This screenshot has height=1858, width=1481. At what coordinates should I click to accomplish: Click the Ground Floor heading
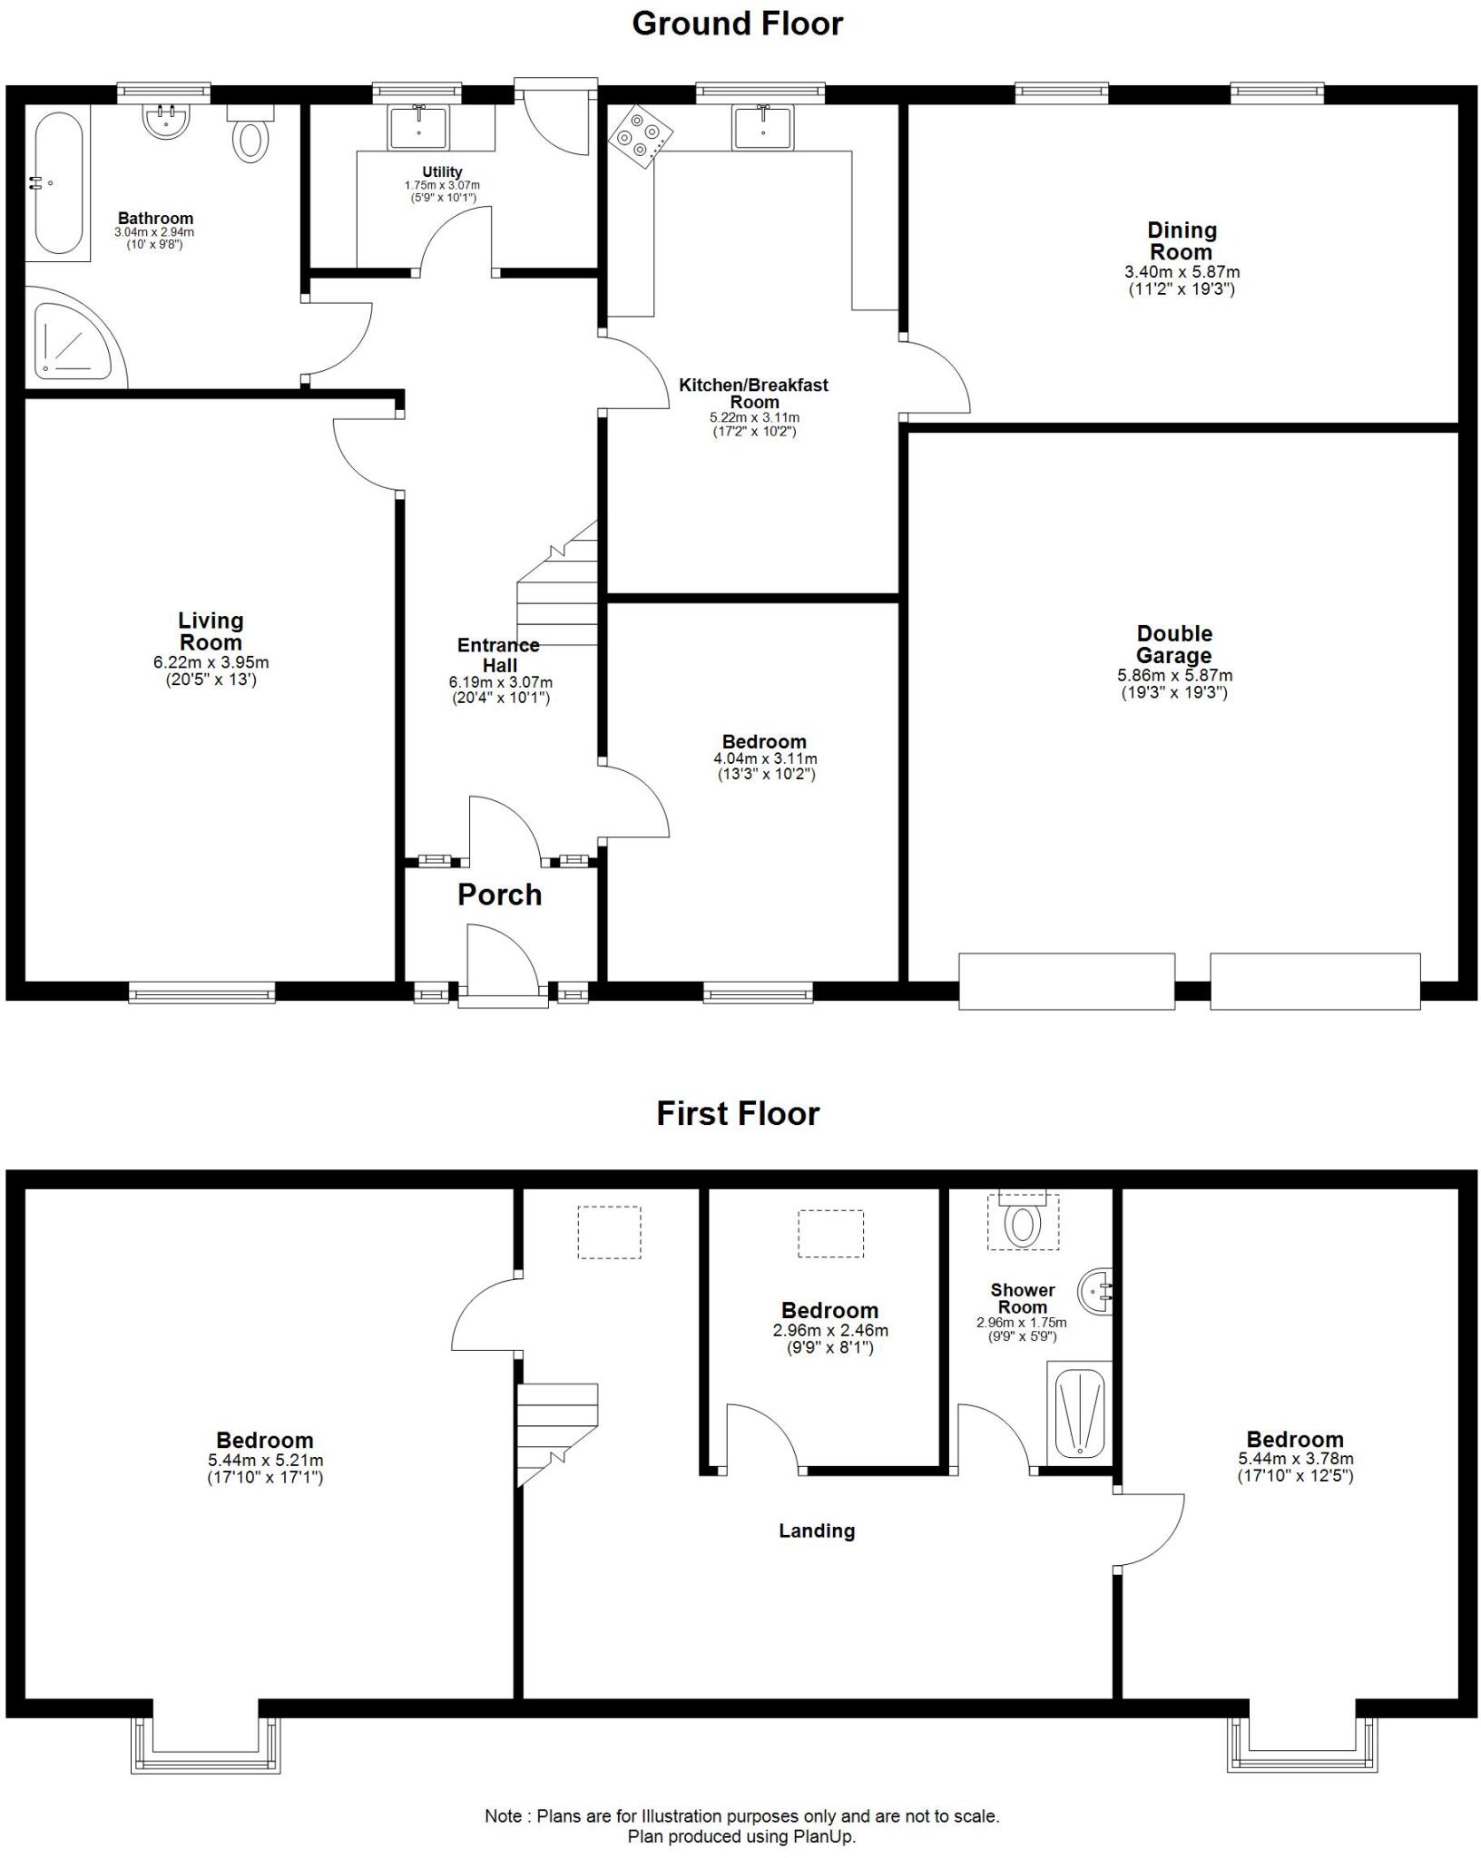coord(737,24)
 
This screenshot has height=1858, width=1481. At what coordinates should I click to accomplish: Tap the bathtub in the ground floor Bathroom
coord(59,184)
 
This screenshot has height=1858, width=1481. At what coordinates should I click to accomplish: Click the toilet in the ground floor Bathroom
coord(251,138)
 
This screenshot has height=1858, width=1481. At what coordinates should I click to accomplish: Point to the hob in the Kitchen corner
coord(641,136)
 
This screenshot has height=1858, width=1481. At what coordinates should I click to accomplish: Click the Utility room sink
coord(418,127)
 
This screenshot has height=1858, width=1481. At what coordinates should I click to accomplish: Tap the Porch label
coord(499,895)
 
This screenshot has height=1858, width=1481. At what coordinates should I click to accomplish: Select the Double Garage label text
coord(1173,644)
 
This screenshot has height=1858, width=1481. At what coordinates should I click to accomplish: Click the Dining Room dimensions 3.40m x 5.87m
coord(1182,271)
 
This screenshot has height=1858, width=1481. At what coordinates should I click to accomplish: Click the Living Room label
coord(211,631)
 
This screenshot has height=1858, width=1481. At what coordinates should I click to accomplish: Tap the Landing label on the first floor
coord(817,1531)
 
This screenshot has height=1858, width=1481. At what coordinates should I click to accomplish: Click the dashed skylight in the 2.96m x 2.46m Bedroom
coord(830,1233)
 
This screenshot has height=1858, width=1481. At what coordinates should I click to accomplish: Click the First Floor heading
coord(738,1113)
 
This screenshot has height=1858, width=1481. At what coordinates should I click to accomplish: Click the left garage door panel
coord(1066,981)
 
